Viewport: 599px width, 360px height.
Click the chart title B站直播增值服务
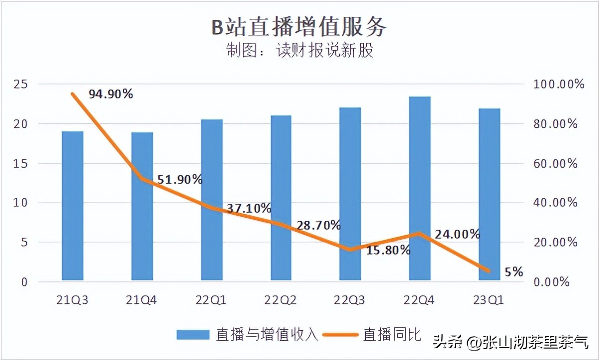tap(299, 27)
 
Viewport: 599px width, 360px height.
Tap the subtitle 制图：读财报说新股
tap(299, 51)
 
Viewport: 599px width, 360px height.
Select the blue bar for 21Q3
tap(73, 206)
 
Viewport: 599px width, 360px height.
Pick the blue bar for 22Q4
tap(419, 188)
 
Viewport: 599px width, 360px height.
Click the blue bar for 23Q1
tap(489, 194)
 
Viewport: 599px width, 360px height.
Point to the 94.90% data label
tap(111, 93)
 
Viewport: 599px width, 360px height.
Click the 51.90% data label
tap(180, 180)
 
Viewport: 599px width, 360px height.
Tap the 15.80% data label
tap(388, 250)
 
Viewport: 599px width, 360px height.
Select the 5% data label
tap(513, 272)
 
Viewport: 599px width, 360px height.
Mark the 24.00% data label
tap(457, 234)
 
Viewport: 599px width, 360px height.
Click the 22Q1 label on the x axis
tap(211, 300)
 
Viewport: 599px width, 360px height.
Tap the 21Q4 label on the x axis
tap(142, 300)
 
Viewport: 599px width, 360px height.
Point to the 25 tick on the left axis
tap(21, 84)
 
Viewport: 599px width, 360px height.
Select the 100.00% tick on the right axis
tap(559, 84)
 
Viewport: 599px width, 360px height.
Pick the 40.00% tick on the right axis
tap(555, 203)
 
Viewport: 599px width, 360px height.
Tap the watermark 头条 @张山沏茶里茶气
tap(510, 342)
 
